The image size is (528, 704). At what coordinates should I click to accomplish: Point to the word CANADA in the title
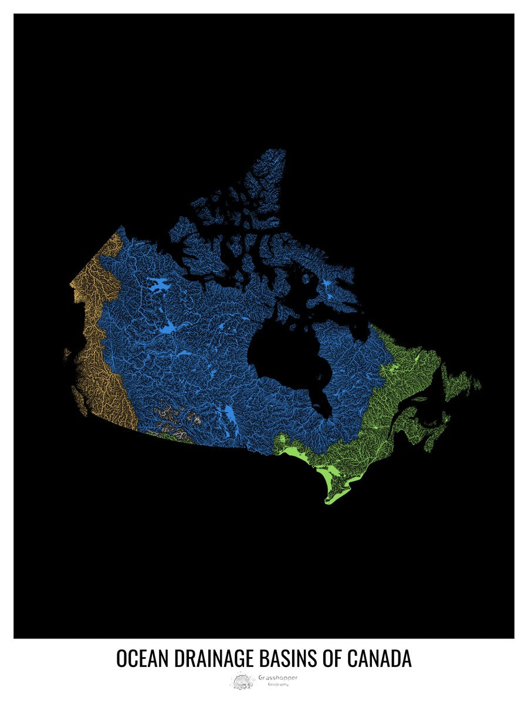(380, 658)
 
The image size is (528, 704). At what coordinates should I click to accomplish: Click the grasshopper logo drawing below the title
(242, 681)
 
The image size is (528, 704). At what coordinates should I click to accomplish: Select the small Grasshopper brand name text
(277, 677)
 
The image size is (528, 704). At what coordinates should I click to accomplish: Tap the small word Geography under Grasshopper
(277, 685)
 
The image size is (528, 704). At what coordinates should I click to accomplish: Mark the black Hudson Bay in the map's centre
(282, 352)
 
